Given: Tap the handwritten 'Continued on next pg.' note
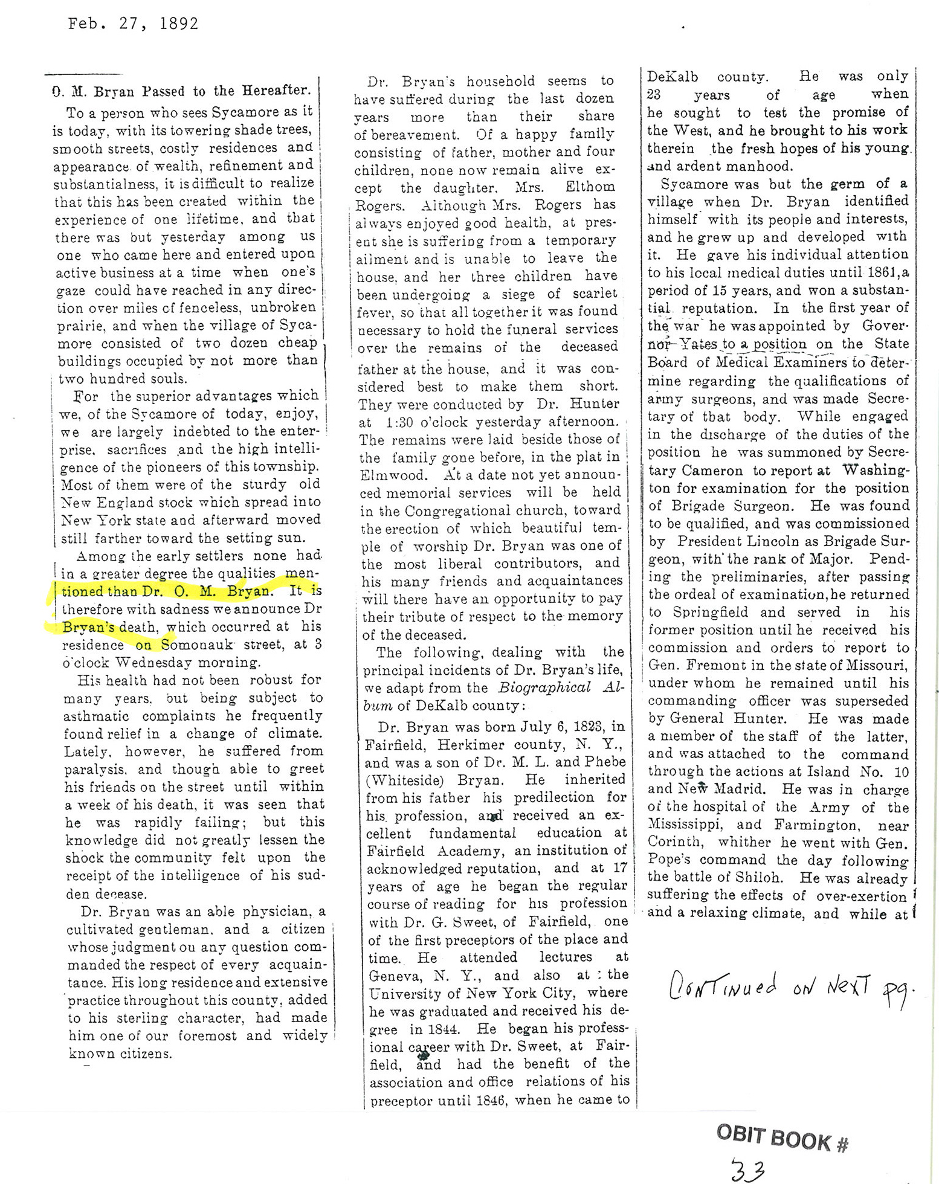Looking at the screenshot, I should coord(789,989).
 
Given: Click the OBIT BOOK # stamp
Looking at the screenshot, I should coord(783,1138).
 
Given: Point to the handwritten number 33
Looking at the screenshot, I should coord(747,1170).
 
